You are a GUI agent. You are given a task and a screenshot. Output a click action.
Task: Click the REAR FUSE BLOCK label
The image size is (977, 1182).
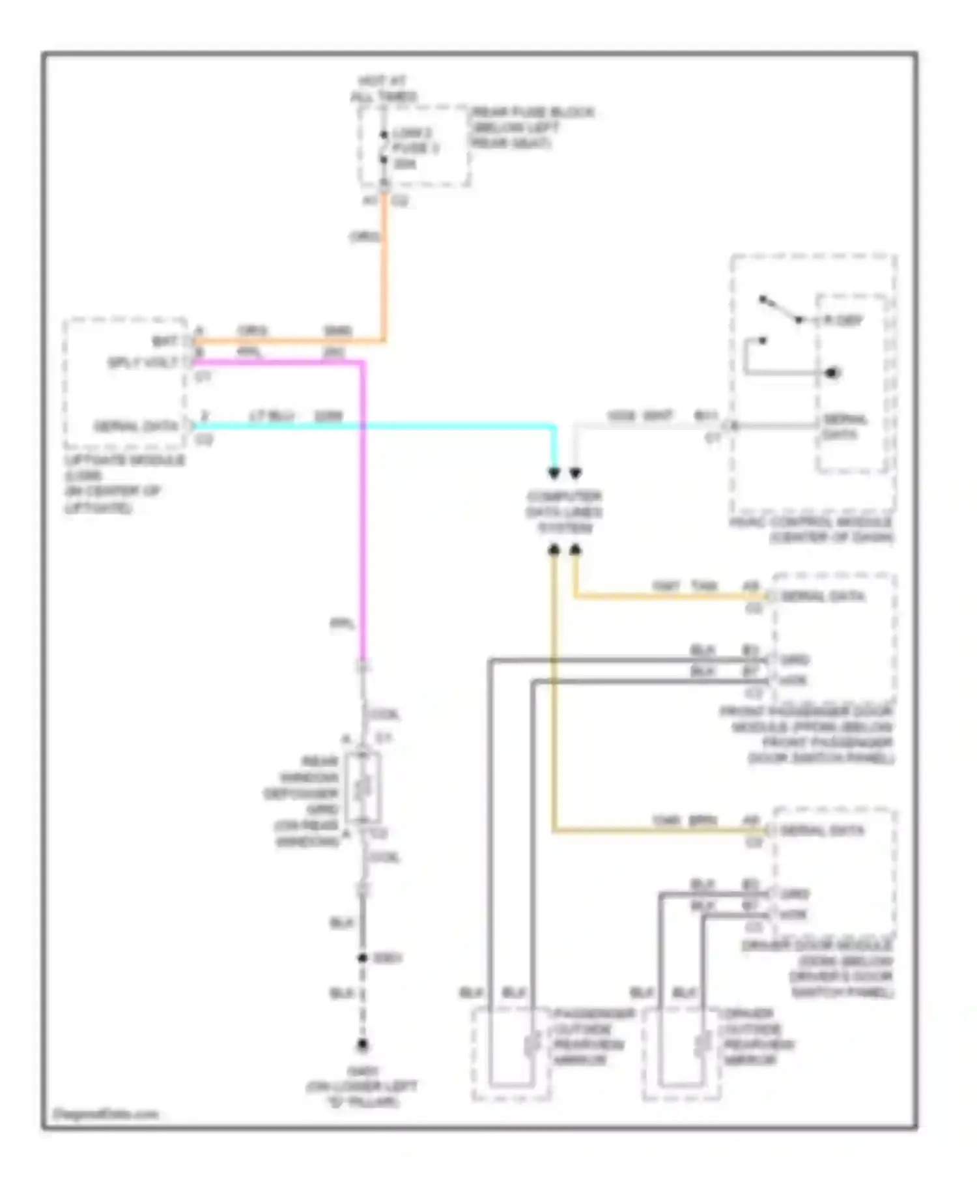click(531, 128)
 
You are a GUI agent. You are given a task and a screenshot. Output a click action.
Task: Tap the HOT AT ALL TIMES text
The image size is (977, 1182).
click(383, 89)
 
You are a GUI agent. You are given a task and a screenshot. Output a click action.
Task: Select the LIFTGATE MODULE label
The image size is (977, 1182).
click(124, 483)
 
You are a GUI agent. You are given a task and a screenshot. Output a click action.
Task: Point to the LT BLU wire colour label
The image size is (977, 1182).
click(272, 416)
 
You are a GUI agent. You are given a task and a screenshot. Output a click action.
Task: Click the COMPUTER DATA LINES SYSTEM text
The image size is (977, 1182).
click(564, 512)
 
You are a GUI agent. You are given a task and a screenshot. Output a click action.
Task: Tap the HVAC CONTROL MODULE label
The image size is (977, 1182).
click(812, 530)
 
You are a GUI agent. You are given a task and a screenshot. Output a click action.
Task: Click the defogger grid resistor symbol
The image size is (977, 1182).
click(363, 789)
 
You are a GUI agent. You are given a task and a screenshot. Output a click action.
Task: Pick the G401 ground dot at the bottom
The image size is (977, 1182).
click(363, 1045)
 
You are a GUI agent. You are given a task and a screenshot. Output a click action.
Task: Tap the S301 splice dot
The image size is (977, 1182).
click(363, 958)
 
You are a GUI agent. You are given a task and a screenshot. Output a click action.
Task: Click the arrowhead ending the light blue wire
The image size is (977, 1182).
click(554, 473)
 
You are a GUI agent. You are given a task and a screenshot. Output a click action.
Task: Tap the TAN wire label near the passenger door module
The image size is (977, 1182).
click(704, 586)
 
